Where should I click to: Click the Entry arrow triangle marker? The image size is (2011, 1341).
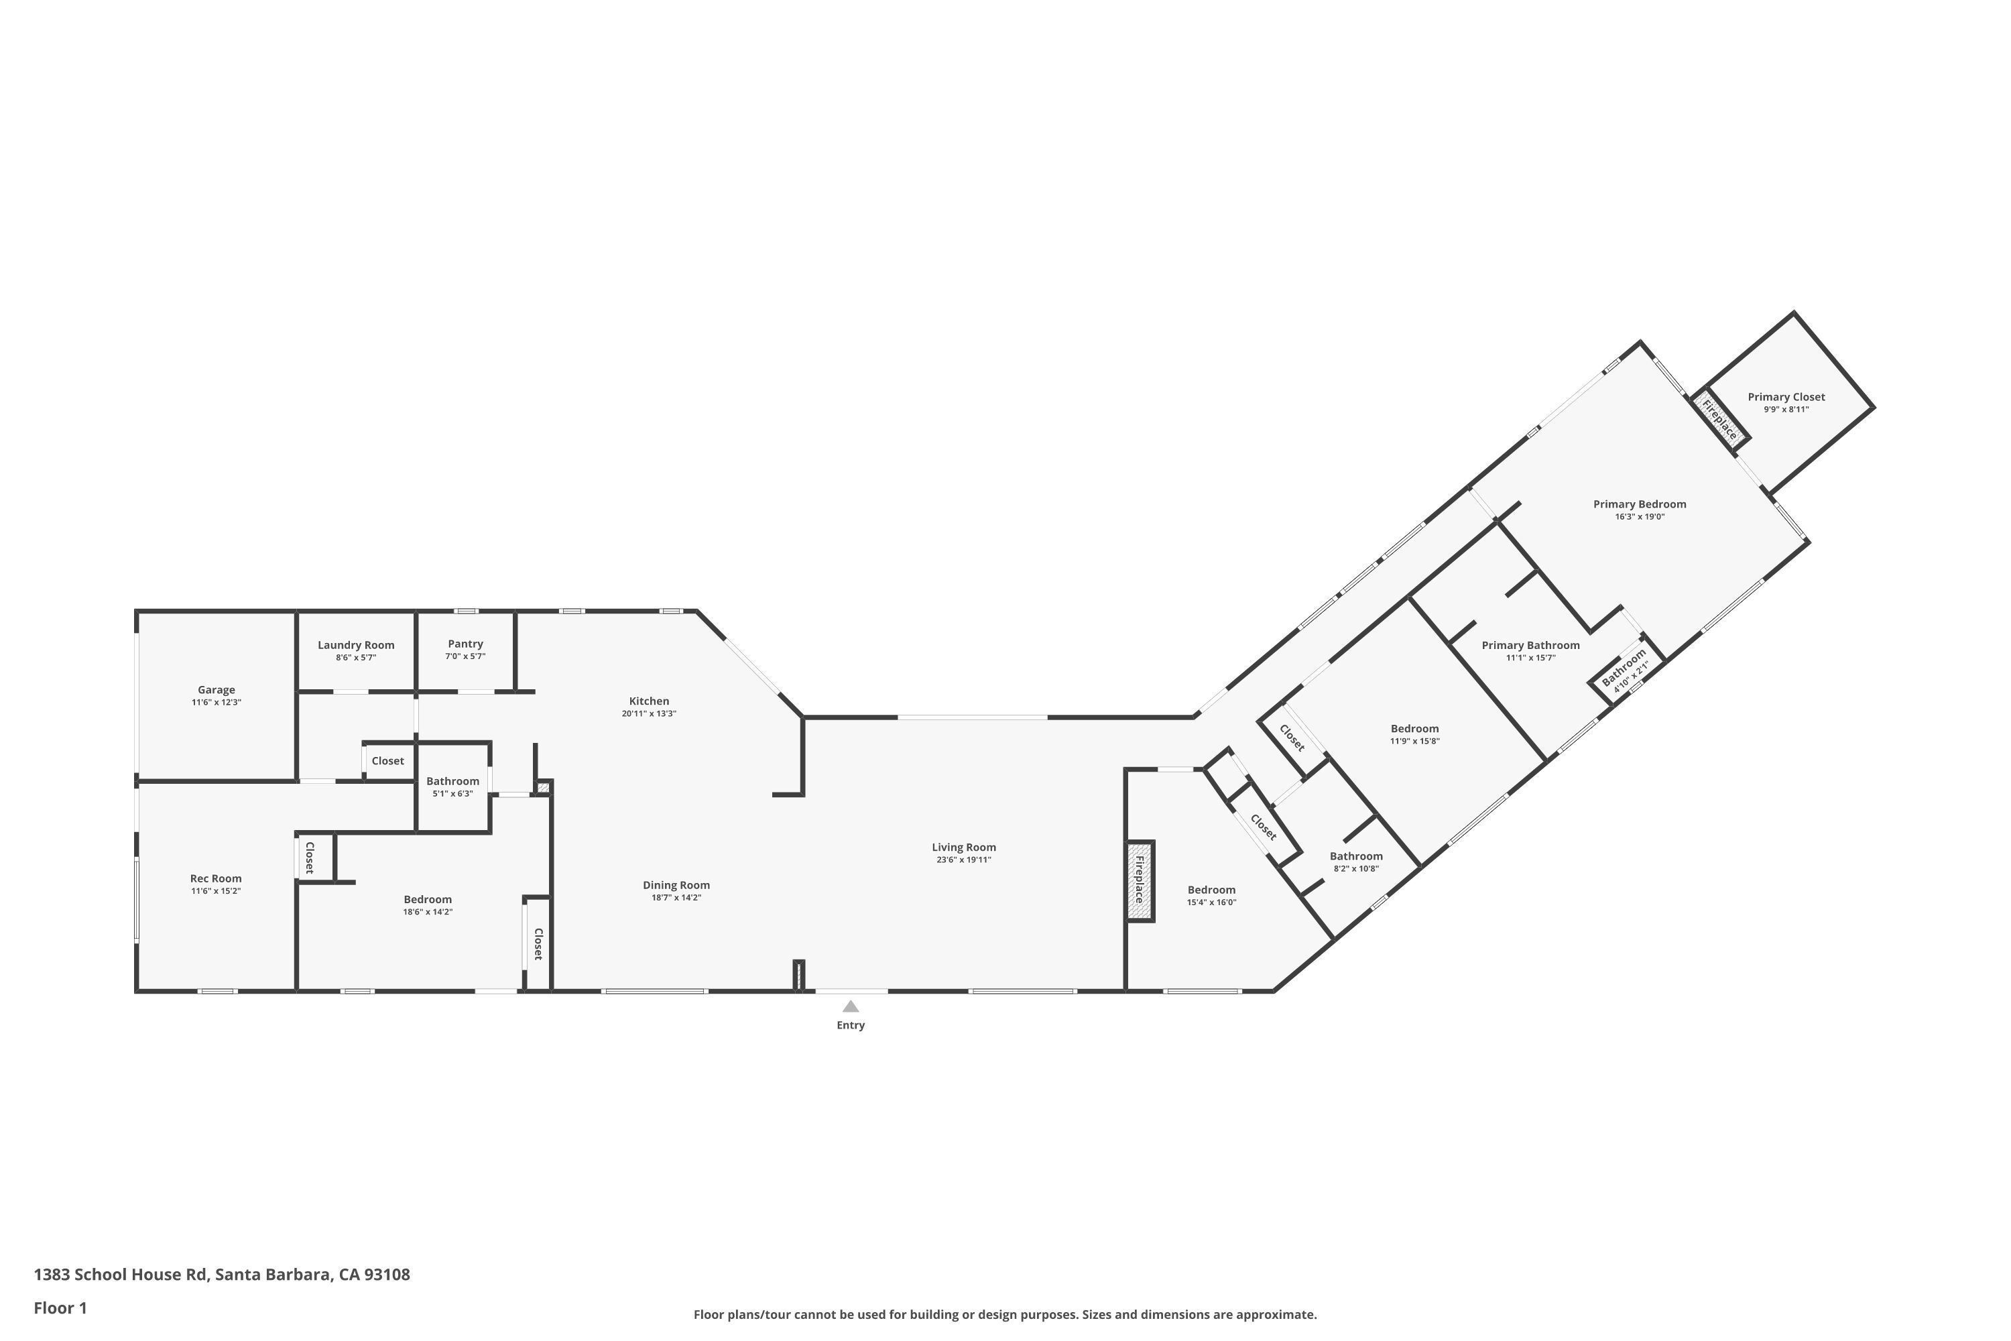tap(850, 1006)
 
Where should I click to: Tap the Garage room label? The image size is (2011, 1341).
tap(217, 690)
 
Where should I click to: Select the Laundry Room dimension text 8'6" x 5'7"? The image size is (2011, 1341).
tap(356, 658)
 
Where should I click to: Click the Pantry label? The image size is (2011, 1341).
tap(465, 644)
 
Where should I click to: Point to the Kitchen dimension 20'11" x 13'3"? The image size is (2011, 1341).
tap(649, 713)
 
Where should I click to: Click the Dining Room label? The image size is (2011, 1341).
tap(676, 885)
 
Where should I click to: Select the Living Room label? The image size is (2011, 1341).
tap(964, 848)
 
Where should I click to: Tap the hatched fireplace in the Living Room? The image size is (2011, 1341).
tap(1140, 881)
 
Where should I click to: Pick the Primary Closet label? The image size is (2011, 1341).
tap(1786, 397)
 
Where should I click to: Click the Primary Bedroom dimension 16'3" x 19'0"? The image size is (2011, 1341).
tap(1639, 516)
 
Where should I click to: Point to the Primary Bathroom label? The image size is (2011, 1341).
tap(1530, 646)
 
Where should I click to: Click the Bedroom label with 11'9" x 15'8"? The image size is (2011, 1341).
tap(1414, 730)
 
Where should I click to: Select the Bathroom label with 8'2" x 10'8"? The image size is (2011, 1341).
tap(1356, 857)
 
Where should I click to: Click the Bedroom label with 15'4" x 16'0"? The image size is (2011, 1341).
tap(1211, 890)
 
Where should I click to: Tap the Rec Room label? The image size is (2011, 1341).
tap(215, 878)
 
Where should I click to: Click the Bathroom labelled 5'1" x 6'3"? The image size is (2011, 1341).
tap(452, 782)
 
